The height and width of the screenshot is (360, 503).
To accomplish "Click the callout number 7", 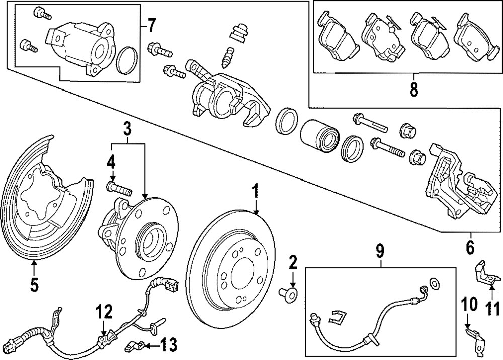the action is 151,25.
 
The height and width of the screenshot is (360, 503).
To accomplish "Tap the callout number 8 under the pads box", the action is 414,89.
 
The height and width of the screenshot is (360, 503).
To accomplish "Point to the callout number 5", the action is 34,285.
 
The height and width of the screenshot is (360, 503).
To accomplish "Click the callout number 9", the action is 380,252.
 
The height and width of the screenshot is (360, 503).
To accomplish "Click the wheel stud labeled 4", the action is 119,189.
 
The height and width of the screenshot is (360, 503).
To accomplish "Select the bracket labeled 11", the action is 486,272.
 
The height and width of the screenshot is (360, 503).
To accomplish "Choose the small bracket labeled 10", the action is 475,341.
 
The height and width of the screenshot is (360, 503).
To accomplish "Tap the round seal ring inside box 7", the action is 128,60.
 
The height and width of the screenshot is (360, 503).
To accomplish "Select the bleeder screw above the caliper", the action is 227,57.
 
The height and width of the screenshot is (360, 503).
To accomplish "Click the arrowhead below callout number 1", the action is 256,211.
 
